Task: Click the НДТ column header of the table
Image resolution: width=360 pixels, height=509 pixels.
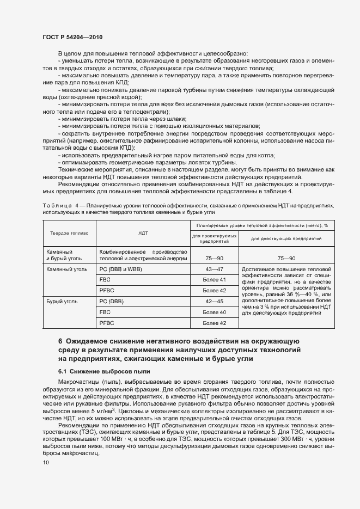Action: pyautogui.click(x=143, y=232)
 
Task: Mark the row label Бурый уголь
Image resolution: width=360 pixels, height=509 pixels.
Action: pyautogui.click(x=62, y=301)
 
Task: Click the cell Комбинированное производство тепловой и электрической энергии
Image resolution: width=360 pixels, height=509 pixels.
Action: pyautogui.click(x=143, y=255)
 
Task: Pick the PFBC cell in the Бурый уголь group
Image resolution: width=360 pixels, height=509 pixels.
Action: pyautogui.click(x=107, y=323)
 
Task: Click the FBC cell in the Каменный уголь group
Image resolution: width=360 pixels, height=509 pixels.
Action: pyautogui.click(x=105, y=280)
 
